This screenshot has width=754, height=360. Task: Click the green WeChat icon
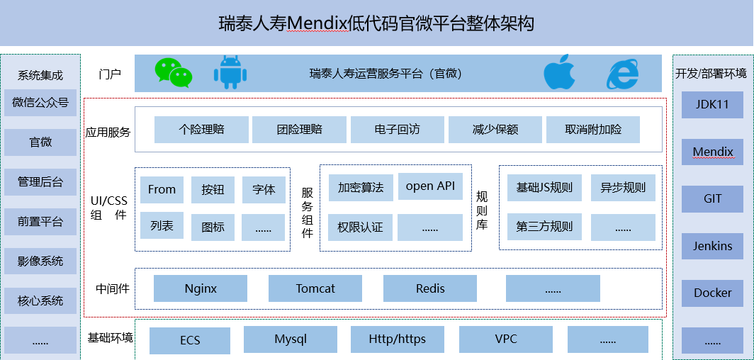pyautogui.click(x=174, y=73)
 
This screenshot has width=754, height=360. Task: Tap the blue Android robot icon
pyautogui.click(x=230, y=72)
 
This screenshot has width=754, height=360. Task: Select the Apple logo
pyautogui.click(x=559, y=72)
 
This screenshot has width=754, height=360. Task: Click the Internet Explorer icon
pyautogui.click(x=623, y=74)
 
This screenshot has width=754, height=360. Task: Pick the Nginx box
pyautogui.click(x=201, y=288)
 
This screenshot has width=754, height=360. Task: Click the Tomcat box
pyautogui.click(x=315, y=288)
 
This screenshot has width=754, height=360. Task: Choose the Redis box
pyautogui.click(x=430, y=288)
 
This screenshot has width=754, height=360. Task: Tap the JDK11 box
pyautogui.click(x=713, y=104)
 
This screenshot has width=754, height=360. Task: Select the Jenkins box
pyautogui.click(x=713, y=246)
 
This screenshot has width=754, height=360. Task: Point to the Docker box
pyautogui.click(x=713, y=293)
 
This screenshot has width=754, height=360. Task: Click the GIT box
pyautogui.click(x=713, y=199)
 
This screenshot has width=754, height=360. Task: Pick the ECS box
pyautogui.click(x=190, y=340)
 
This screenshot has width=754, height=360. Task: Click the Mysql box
pyautogui.click(x=291, y=339)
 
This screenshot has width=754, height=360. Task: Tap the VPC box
pyautogui.click(x=506, y=339)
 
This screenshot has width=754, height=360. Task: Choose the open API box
pyautogui.click(x=430, y=186)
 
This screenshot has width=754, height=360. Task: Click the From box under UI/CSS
pyautogui.click(x=162, y=190)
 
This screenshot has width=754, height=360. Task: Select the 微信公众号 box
pyautogui.click(x=40, y=102)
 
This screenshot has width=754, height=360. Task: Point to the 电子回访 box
pyautogui.click(x=397, y=130)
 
